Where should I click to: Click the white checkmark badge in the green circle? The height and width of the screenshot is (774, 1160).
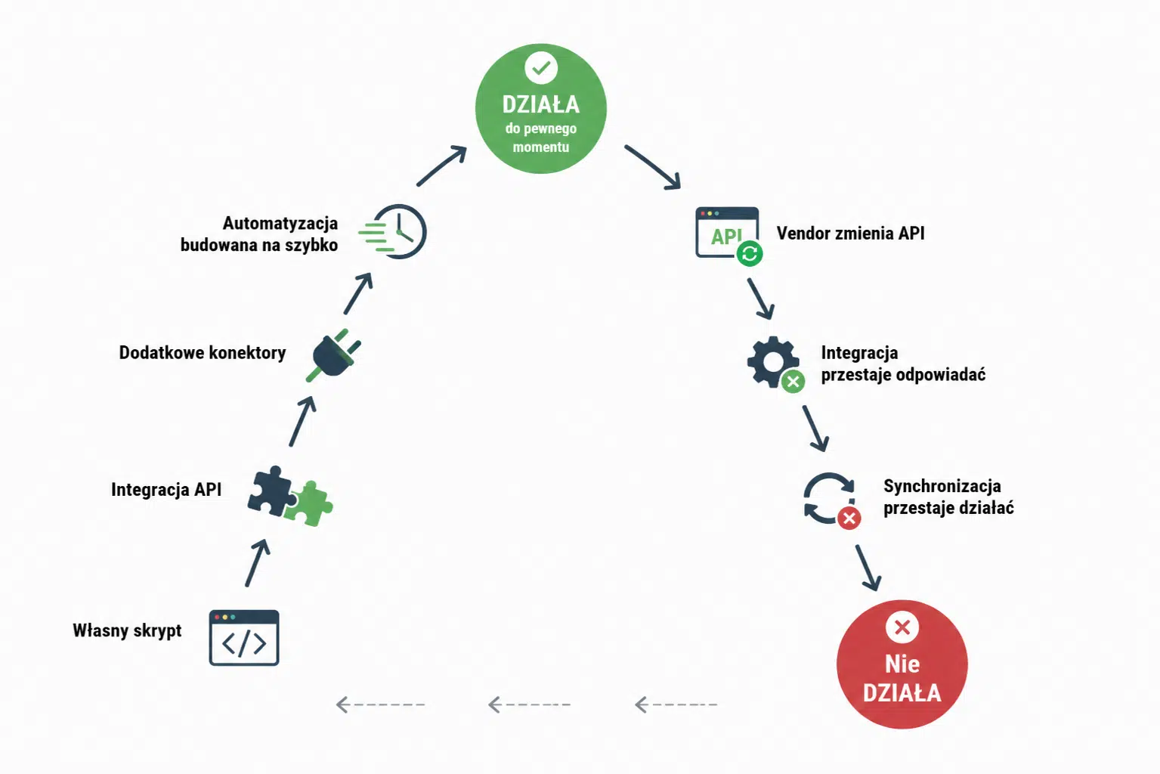click(540, 68)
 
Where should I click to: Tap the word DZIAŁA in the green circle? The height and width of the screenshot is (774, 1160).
click(540, 104)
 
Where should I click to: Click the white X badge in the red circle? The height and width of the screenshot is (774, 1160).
click(902, 627)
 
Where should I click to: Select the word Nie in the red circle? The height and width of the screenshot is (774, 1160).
click(902, 664)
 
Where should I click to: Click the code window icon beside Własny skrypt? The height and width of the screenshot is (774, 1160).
click(244, 638)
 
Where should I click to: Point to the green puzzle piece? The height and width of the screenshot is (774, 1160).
click(309, 504)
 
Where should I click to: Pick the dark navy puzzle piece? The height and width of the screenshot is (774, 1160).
click(271, 491)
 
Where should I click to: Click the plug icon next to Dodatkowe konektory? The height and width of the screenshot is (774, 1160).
click(333, 356)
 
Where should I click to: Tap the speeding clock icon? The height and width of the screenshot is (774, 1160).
click(394, 231)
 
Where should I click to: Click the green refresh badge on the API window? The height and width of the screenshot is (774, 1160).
click(750, 253)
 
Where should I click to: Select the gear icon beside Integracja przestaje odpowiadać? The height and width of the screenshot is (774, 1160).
click(772, 361)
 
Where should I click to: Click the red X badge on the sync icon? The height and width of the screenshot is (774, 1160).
click(849, 518)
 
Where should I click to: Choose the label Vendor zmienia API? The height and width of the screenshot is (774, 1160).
click(850, 233)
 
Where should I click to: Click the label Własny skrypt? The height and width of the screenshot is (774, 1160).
click(127, 630)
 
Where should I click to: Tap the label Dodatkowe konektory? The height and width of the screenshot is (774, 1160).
click(203, 353)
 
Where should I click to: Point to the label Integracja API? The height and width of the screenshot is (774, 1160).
click(166, 490)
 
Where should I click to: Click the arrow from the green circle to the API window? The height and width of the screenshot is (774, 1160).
click(652, 167)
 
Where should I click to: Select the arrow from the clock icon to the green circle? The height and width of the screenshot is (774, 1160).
click(442, 166)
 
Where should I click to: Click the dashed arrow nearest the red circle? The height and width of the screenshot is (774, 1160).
click(676, 704)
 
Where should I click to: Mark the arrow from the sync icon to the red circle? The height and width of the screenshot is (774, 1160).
click(868, 568)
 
